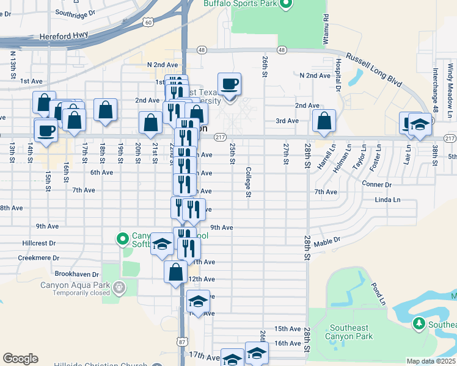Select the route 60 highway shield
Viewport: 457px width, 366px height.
[x=148, y=22]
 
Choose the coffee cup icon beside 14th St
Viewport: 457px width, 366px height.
[x=46, y=130]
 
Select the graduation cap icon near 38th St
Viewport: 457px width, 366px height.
[x=420, y=124]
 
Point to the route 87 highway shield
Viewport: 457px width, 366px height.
[x=182, y=342]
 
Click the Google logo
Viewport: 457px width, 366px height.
[x=20, y=359]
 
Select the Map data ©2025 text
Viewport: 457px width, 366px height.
[x=430, y=361]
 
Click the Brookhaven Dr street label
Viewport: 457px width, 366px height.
[x=76, y=274]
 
